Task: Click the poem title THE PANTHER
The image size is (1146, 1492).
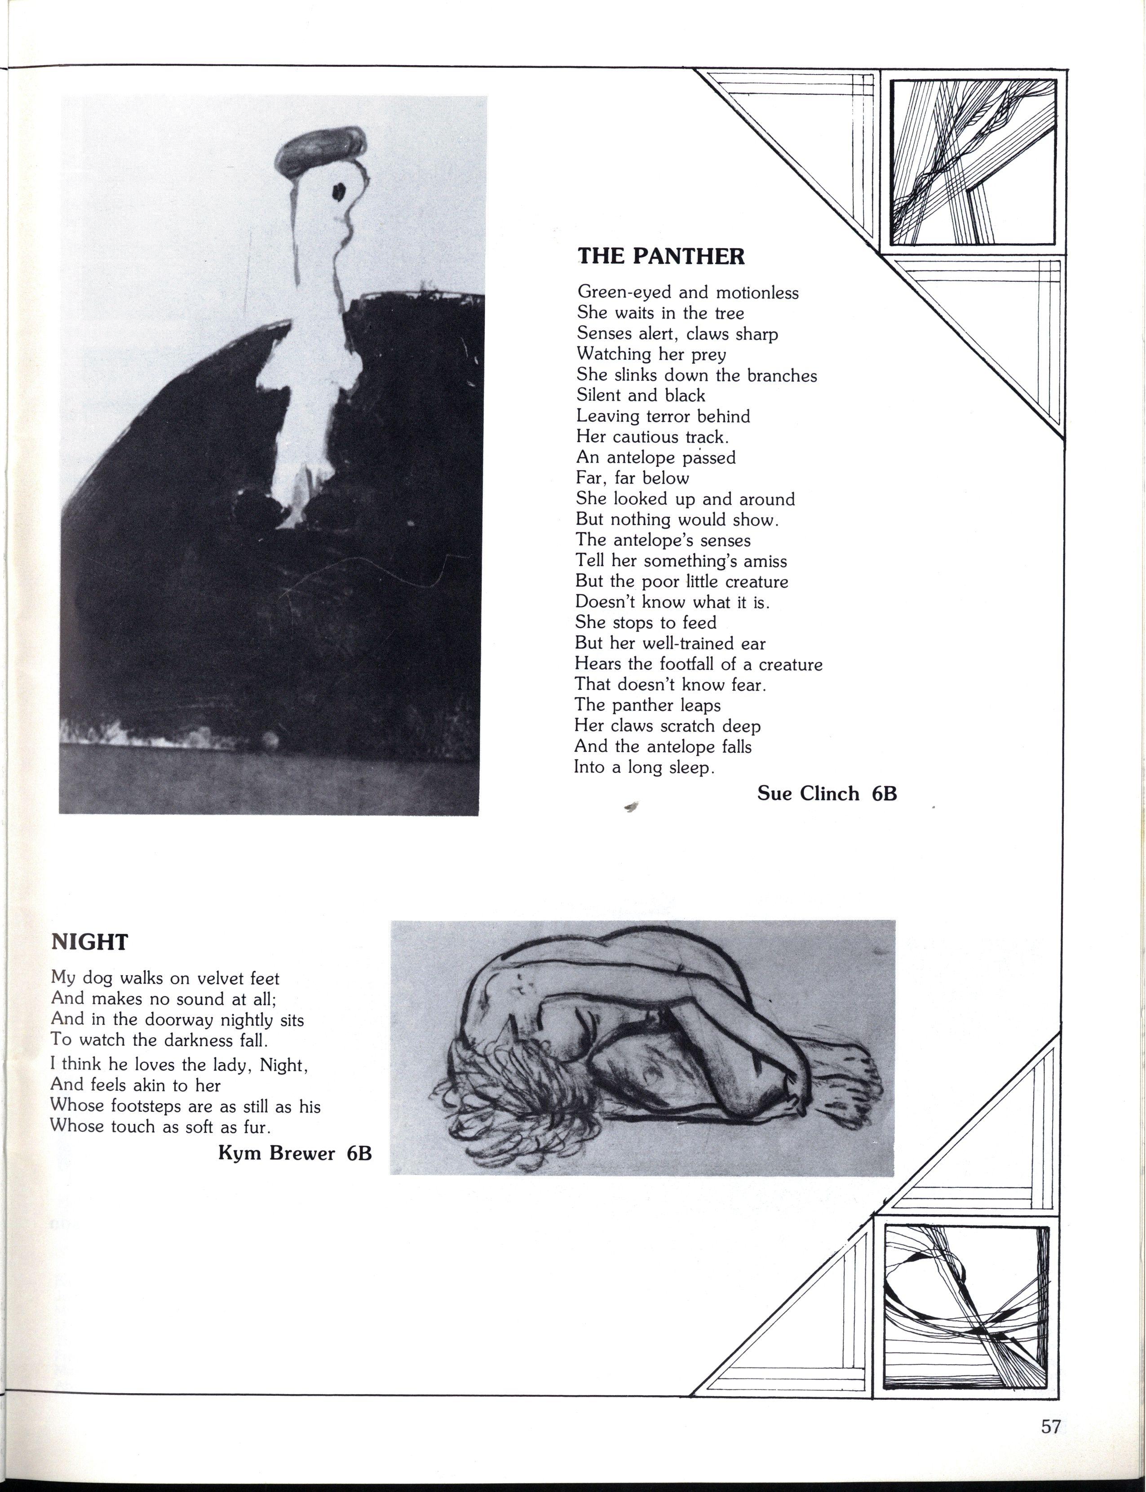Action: click(x=661, y=257)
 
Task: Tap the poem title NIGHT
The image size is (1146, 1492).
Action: click(x=89, y=942)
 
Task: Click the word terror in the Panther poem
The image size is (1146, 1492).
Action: click(x=668, y=416)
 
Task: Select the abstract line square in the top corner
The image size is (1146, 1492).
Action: click(x=973, y=162)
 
